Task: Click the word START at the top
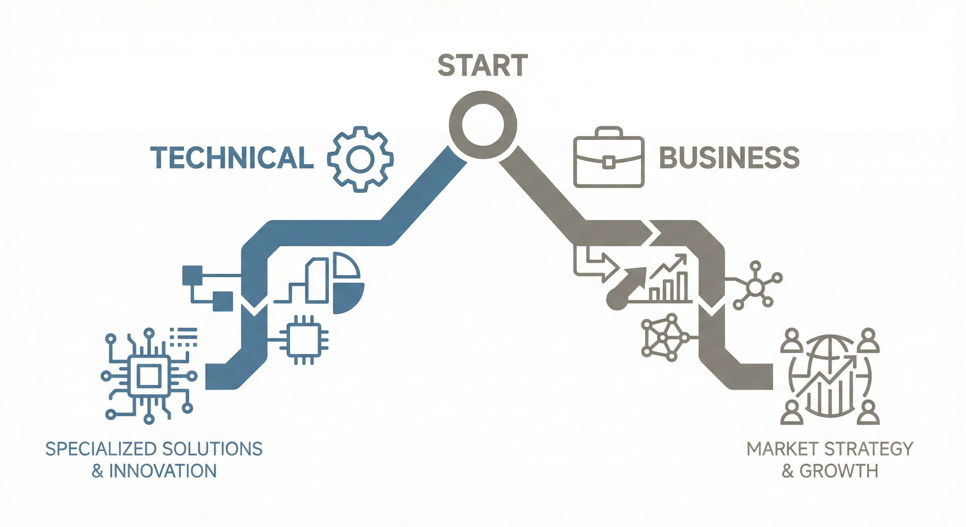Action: pyautogui.click(x=483, y=65)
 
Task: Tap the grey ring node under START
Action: pyautogui.click(x=483, y=125)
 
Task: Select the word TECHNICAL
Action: pyautogui.click(x=232, y=157)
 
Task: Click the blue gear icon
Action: pyautogui.click(x=361, y=159)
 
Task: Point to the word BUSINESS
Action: pyautogui.click(x=729, y=157)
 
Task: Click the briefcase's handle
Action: pyautogui.click(x=609, y=132)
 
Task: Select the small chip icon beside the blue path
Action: pyautogui.click(x=304, y=340)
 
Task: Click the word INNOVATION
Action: pyautogui.click(x=163, y=471)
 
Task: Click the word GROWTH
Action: pyautogui.click(x=838, y=471)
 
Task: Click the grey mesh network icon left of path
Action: pyautogui.click(x=663, y=338)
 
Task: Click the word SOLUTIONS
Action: pyautogui.click(x=212, y=449)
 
